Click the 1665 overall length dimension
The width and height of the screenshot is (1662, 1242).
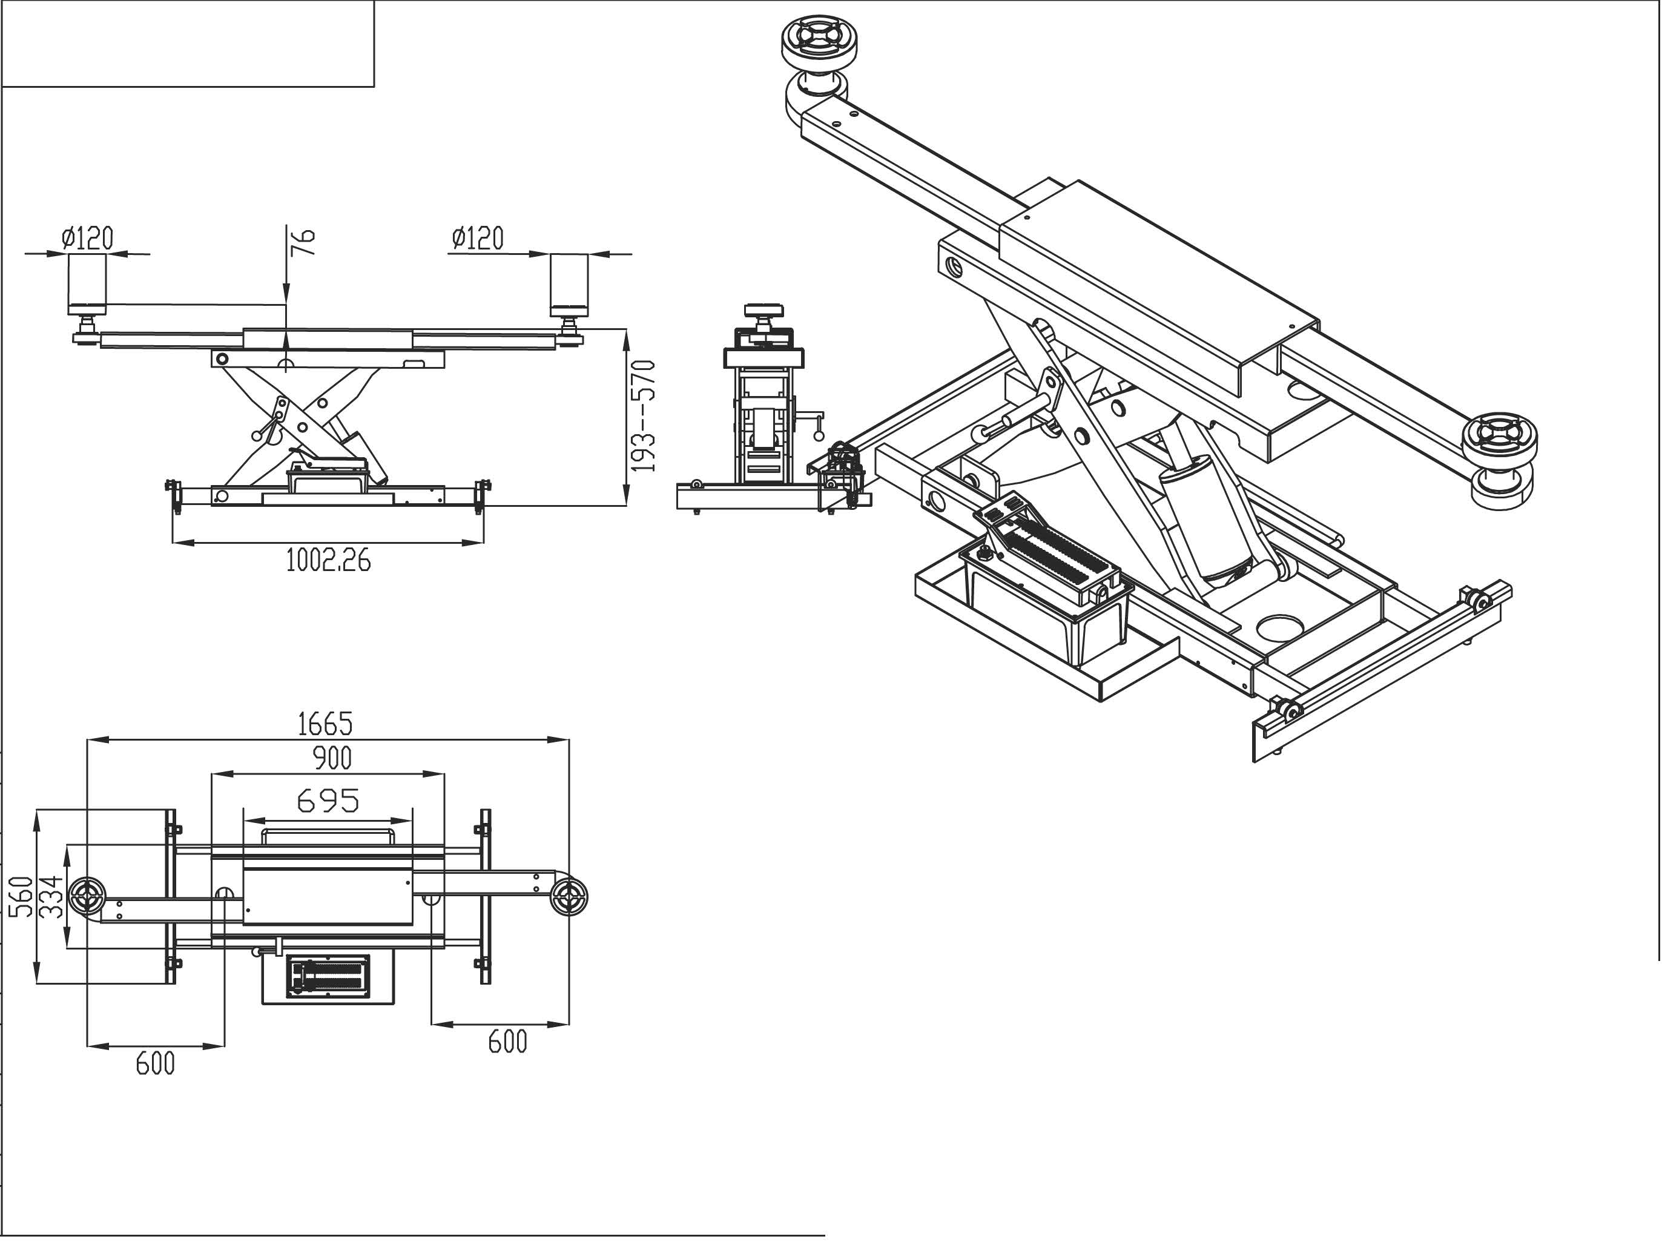pyautogui.click(x=325, y=724)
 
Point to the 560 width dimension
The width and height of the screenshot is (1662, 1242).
pyautogui.click(x=21, y=896)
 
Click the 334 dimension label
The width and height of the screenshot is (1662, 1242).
pyautogui.click(x=50, y=896)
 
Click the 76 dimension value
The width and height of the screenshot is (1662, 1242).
pyautogui.click(x=303, y=243)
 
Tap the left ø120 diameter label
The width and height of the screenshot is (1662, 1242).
pyautogui.click(x=88, y=238)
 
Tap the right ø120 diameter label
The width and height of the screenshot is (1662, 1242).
pyautogui.click(x=478, y=238)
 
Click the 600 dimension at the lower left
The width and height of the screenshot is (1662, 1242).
pyautogui.click(x=156, y=1064)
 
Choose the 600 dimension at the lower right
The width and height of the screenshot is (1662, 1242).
pyautogui.click(x=508, y=1042)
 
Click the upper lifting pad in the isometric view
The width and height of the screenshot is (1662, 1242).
pyautogui.click(x=820, y=41)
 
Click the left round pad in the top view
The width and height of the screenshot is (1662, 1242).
pyautogui.click(x=88, y=896)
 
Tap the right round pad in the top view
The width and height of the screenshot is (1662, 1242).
pyautogui.click(x=568, y=896)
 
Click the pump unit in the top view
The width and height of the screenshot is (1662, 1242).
pyautogui.click(x=328, y=977)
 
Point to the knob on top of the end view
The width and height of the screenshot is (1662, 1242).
pyautogui.click(x=764, y=310)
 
